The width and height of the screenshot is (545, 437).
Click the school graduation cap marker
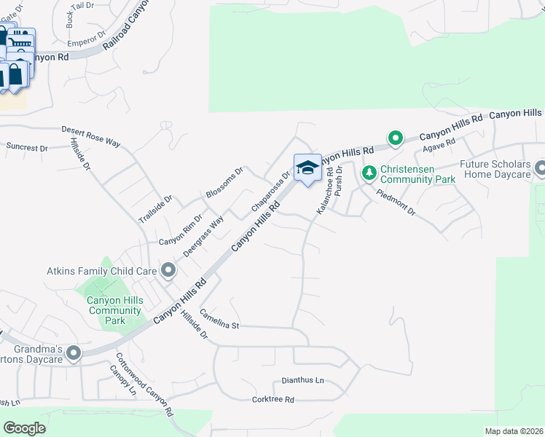[307, 168]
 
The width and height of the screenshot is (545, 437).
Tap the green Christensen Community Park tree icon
[369, 172]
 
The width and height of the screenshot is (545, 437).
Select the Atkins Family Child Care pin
[168, 271]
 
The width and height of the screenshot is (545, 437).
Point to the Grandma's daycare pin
[73, 354]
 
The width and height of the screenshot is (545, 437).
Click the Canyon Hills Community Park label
[115, 310]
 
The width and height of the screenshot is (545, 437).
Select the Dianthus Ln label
[303, 381]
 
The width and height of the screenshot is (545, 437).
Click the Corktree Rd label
[272, 399]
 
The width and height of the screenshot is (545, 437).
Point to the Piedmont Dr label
[396, 202]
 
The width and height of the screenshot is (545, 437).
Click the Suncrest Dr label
[27, 147]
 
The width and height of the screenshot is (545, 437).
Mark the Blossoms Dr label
[224, 184]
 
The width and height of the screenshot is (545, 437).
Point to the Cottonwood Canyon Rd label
[145, 385]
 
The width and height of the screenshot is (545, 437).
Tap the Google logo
[25, 428]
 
